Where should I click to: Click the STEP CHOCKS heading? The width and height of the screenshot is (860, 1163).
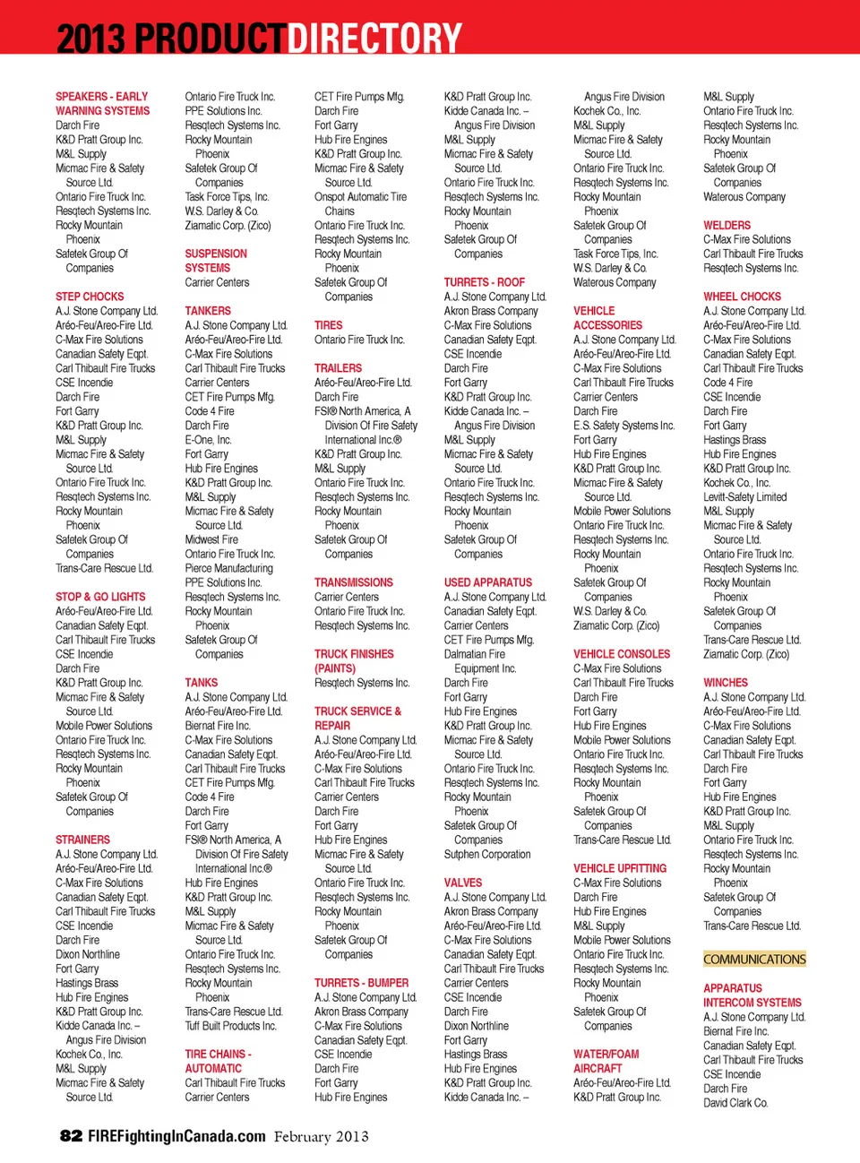pos(90,297)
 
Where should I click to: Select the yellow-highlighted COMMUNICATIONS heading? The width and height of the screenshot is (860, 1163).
pos(754,960)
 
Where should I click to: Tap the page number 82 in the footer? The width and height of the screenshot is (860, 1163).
pos(71,1136)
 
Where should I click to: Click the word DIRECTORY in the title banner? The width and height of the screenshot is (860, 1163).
pos(374,39)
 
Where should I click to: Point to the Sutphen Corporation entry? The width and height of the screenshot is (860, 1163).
pos(487,855)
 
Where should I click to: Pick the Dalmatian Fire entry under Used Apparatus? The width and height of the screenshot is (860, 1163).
pos(475,654)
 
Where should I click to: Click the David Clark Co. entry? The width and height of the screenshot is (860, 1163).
pos(735,1103)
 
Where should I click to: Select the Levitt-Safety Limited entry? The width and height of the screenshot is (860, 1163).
pos(745,497)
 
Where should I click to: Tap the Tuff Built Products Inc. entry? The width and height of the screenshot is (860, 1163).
pos(230,1026)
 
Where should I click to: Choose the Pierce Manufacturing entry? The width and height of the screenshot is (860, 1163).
pos(228,568)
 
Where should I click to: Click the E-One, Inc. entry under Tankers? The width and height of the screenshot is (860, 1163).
pos(208,440)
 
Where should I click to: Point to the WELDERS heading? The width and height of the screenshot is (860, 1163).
pos(727,226)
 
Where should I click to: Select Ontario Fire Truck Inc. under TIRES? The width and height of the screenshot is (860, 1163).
pos(359,340)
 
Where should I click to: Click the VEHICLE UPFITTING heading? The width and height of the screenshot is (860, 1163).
pos(620,869)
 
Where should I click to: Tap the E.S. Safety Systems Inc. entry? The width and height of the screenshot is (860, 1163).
pos(623,426)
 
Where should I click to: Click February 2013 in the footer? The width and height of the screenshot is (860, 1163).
pos(321,1137)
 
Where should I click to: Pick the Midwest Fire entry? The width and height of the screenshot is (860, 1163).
pos(211,539)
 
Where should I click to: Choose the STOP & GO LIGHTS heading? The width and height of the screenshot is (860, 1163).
pos(100,597)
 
